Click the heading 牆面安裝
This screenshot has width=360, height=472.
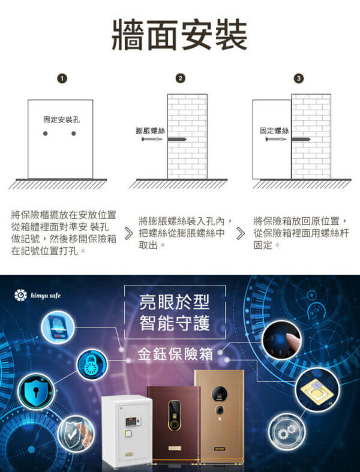point(179,35)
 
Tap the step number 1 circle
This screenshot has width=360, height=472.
point(62,79)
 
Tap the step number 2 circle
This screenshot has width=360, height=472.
point(180,78)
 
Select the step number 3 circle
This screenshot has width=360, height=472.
point(299,78)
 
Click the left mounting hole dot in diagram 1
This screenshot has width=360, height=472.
point(46,133)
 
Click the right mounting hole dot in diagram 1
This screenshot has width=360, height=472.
point(74,133)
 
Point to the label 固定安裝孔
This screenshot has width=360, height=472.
point(61,119)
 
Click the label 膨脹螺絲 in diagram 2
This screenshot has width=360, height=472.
point(151,130)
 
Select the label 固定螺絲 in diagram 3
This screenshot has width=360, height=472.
point(274,130)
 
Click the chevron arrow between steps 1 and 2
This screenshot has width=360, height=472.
point(128,233)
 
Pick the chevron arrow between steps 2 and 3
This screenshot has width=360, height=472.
point(241,233)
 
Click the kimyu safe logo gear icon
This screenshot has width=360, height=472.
point(20,295)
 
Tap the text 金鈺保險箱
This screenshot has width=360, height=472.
point(175,354)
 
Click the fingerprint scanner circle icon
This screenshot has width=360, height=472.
point(58,327)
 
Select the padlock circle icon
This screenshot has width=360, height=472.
point(92,365)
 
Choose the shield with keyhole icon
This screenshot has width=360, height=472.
point(36,392)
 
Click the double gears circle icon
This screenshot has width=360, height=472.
point(287,432)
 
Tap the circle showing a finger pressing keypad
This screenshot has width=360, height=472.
point(281,340)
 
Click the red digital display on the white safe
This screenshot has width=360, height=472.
point(131,421)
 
